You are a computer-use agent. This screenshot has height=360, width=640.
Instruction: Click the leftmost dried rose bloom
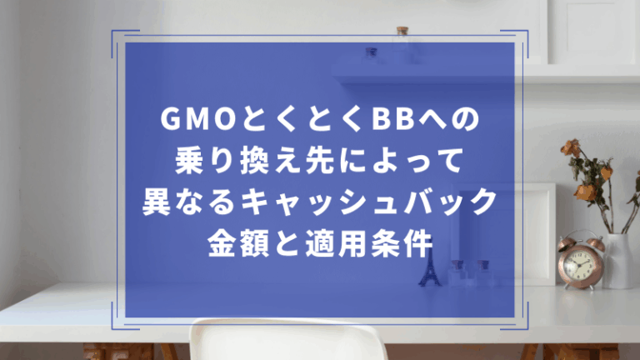[568, 147]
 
